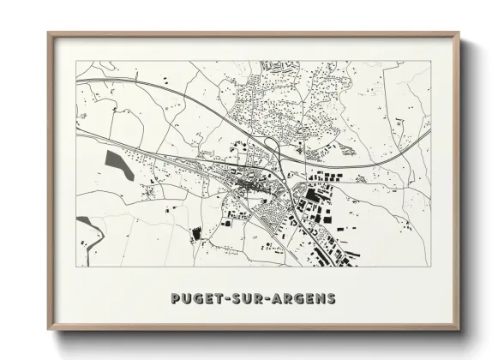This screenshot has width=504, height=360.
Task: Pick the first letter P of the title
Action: [175, 299]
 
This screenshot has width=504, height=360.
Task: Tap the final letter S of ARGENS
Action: [332, 299]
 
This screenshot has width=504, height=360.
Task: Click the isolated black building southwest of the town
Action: [196, 232]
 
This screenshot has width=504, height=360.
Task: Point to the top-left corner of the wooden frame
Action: [49, 33]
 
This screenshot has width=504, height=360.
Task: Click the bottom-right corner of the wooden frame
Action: [459, 331]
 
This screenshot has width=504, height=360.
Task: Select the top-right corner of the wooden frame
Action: [459, 33]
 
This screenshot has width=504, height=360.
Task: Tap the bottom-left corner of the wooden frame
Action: [49, 331]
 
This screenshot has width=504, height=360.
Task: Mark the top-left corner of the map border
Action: [76, 62]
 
